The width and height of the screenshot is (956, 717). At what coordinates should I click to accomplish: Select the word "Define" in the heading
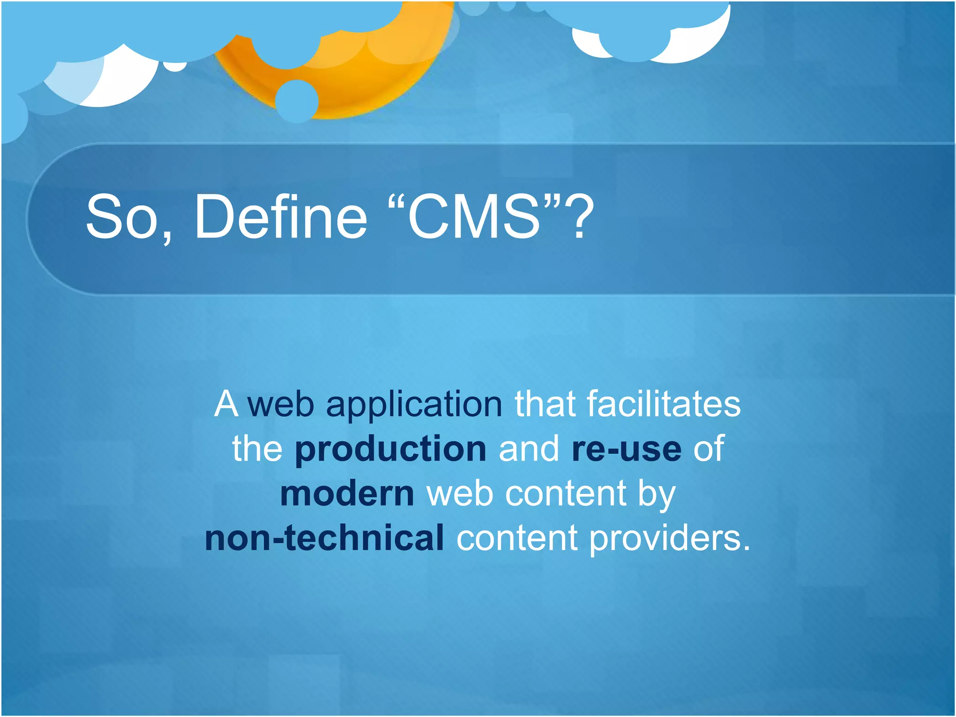281,217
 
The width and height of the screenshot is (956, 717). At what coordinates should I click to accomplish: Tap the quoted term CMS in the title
474,217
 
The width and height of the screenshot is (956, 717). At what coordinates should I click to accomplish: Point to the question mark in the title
579,217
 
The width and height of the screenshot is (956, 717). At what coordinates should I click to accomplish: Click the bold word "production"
391,449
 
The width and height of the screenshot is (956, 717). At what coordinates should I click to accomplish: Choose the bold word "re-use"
626,449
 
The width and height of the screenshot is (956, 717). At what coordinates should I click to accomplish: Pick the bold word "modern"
347,494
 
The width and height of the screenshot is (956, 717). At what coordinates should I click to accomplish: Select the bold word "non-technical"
324,538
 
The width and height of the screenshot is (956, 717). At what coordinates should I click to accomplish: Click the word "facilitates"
663,404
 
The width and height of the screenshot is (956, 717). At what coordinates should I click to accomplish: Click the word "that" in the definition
545,404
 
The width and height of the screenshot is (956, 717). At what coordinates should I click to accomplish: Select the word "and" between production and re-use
528,449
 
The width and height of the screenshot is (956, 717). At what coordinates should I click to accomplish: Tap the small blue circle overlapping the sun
297,101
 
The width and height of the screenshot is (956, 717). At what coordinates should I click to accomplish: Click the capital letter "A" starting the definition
226,404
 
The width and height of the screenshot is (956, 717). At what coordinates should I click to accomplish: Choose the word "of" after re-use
708,449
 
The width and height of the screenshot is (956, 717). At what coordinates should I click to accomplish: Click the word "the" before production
257,449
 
